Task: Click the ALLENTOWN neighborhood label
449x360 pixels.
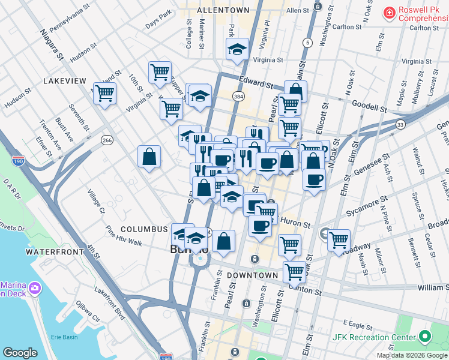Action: pos(223,11)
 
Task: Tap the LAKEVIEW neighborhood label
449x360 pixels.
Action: pos(65,80)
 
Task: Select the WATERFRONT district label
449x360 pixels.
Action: pos(55,252)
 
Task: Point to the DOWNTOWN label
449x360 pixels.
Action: pos(252,275)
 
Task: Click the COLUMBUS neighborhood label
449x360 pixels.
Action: pos(143,229)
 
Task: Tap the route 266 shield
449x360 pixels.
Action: pos(107,140)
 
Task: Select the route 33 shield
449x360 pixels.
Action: pos(401,123)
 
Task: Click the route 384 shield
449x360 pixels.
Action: pos(238,96)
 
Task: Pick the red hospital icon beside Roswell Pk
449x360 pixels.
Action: pos(390,12)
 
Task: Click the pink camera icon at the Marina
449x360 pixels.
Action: pos(35,289)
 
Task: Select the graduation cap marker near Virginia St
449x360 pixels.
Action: pos(237,50)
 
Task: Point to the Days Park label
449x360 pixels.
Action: pos(158,26)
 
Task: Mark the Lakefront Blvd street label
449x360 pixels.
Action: pos(111,302)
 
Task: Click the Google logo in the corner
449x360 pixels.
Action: pos(20,352)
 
